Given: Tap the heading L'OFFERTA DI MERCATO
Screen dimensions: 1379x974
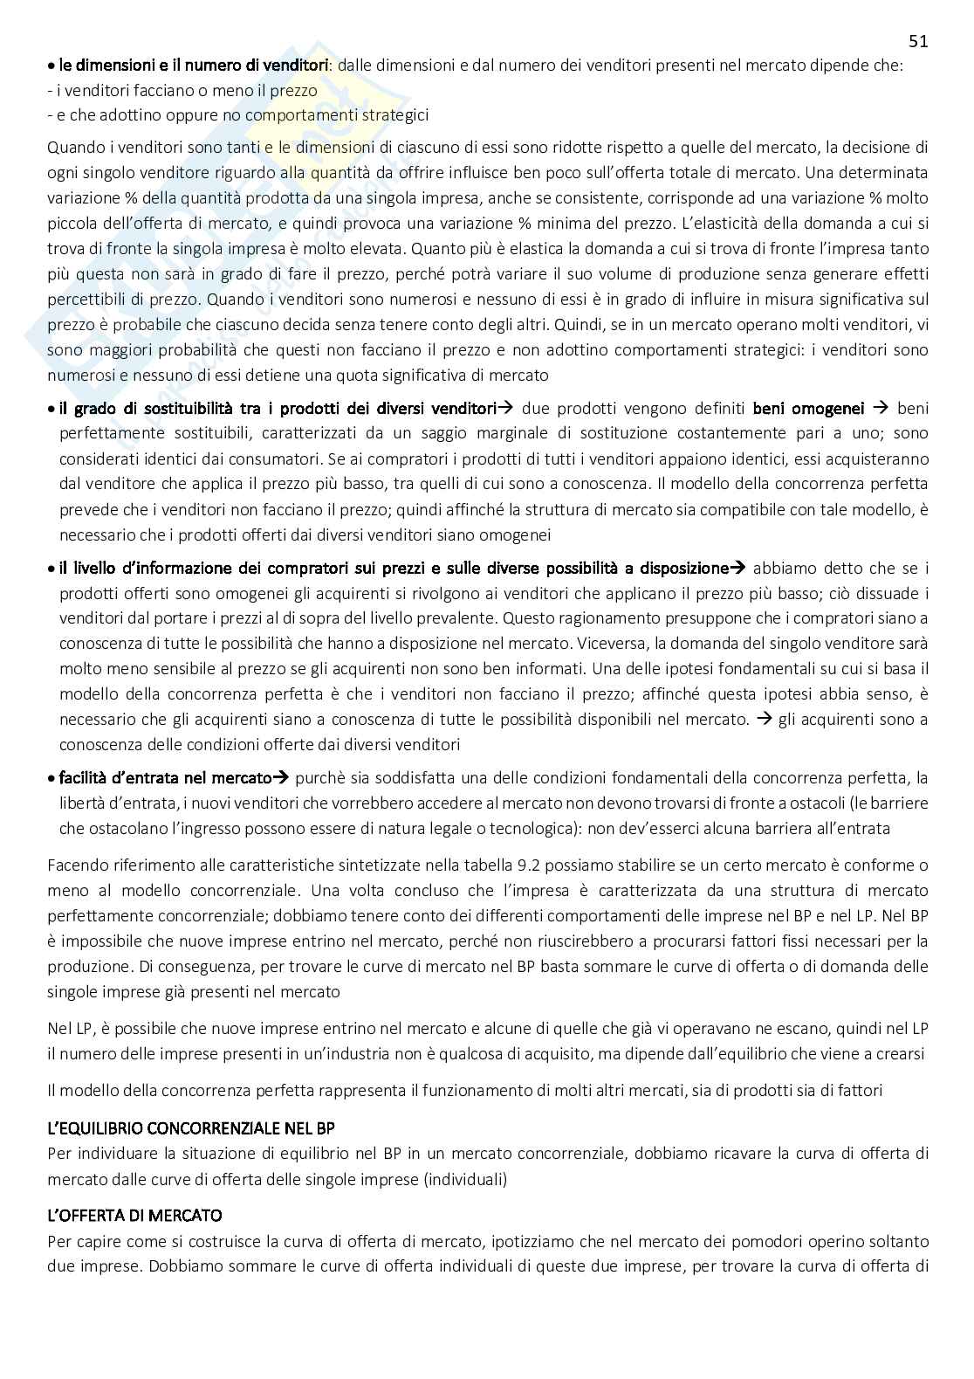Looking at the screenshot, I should click(134, 1215).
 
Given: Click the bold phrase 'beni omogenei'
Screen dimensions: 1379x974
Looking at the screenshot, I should click(808, 408).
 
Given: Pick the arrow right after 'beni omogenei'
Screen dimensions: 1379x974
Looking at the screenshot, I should click(880, 408).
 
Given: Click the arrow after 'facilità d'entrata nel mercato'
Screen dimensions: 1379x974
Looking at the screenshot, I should click(281, 777).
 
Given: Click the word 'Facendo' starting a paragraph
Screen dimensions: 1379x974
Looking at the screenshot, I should click(75, 865).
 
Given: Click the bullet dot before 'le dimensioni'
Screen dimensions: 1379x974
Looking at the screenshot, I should click(51, 65).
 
